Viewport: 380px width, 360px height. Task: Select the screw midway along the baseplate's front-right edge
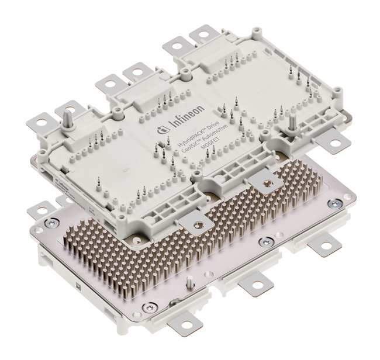pyautogui.click(x=267, y=241)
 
